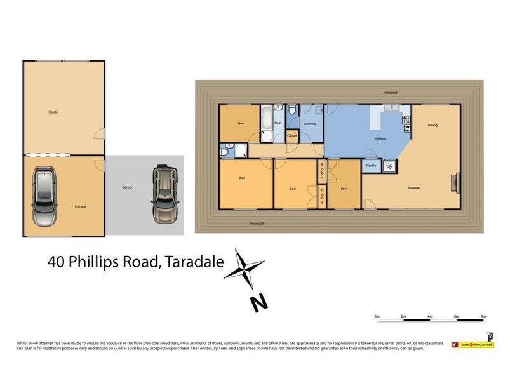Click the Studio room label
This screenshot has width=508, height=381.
[x=53, y=112]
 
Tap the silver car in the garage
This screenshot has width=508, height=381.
[x=44, y=197]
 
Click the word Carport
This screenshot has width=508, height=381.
[x=128, y=187]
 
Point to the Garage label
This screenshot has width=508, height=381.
[x=80, y=206]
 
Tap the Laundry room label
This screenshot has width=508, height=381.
[x=310, y=123]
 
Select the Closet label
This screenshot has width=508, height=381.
[x=292, y=135]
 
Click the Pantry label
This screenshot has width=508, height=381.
[x=371, y=166]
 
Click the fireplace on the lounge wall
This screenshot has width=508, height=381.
[x=454, y=183]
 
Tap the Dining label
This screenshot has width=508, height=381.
[x=432, y=125]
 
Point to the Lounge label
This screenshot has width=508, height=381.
[x=414, y=188]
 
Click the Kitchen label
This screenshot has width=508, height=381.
[x=380, y=138]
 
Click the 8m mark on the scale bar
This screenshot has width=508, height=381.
[x=483, y=316]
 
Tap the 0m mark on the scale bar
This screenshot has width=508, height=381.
[x=377, y=316]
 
